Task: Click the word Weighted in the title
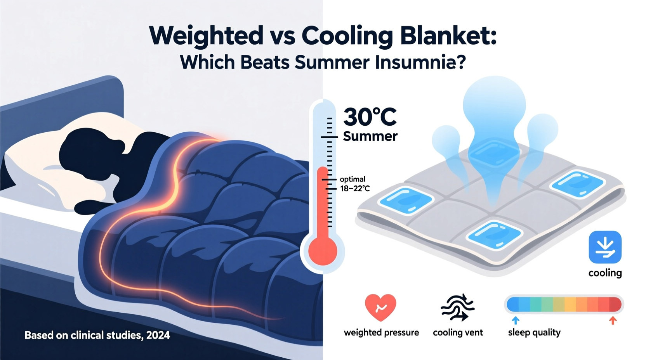206,36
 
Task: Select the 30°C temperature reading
370,117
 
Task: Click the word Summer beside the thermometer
370,136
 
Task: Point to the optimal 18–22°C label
354,184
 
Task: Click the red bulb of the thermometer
323,251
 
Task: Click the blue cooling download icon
605,247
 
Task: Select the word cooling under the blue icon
605,273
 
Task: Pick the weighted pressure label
381,332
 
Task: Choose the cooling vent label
458,332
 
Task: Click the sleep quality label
534,332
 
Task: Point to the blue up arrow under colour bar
516,320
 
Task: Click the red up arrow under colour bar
613,320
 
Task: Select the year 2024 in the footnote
158,335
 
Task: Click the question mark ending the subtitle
461,62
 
